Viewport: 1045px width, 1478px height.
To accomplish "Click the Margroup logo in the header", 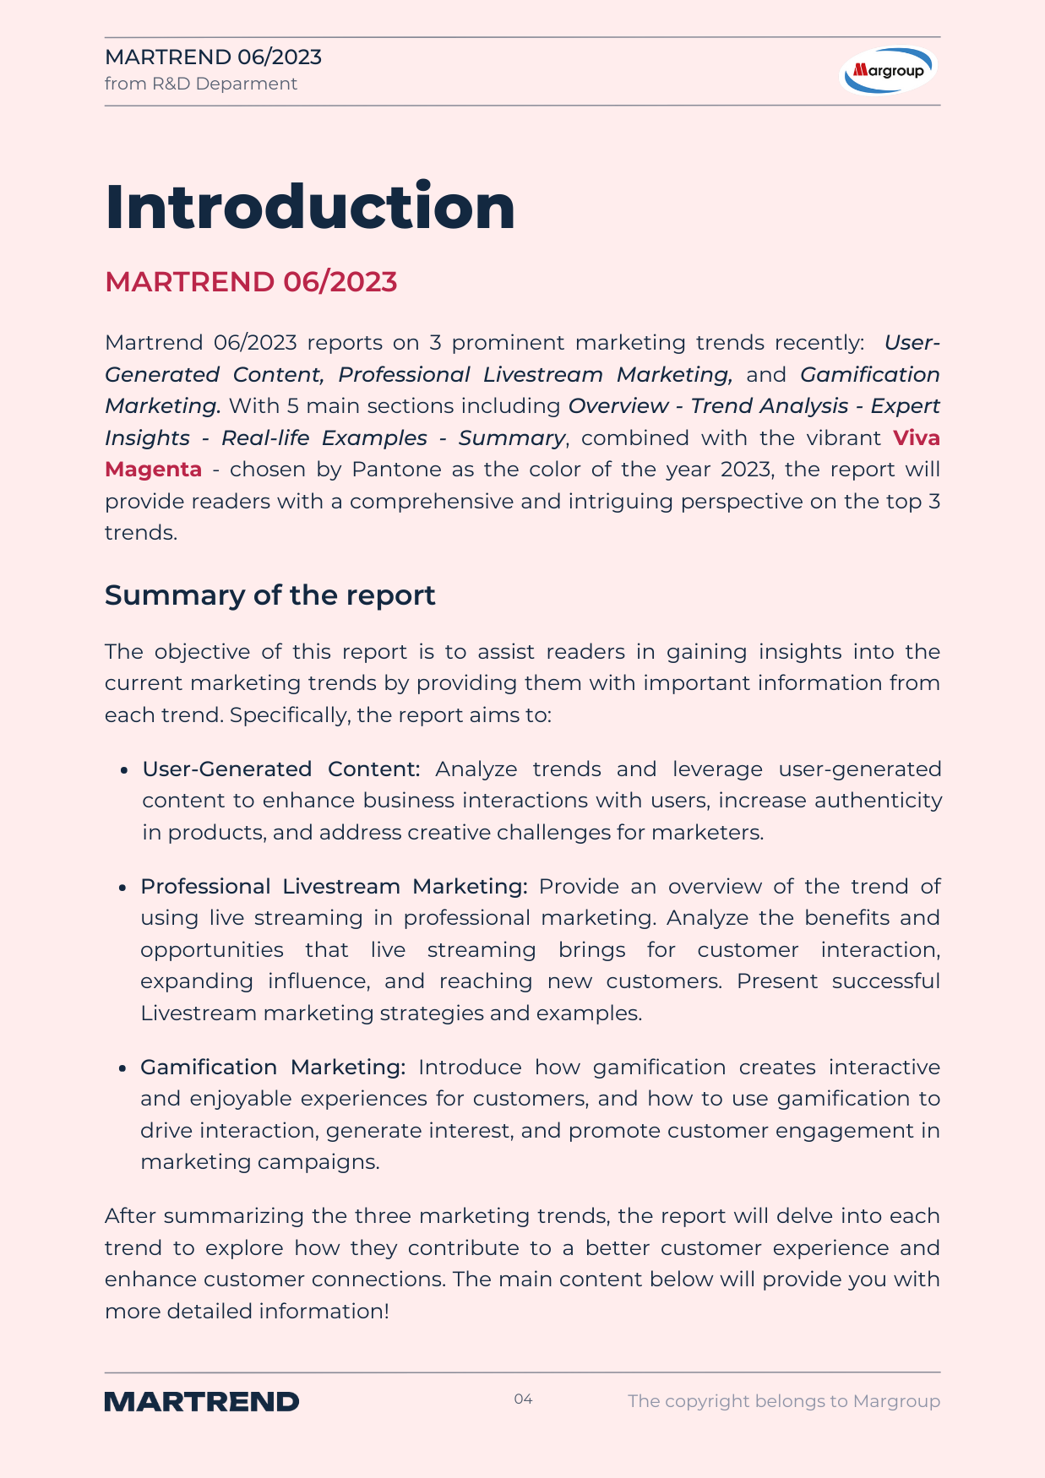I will coord(889,70).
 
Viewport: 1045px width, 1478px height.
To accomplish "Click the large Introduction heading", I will coord(310,207).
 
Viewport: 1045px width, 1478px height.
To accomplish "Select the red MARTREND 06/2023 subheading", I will coord(251,282).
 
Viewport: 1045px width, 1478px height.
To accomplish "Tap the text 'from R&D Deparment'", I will coord(201,84).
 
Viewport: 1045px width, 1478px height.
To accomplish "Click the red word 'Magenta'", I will coord(153,470).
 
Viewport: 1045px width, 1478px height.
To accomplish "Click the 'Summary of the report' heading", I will coord(269,595).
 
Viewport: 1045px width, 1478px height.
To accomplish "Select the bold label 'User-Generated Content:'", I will coord(280,769).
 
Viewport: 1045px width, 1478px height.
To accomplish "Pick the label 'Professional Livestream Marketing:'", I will coord(334,887).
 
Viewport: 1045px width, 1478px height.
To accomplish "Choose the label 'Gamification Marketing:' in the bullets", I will coord(273,1068).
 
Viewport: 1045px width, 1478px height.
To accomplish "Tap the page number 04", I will coord(523,1399).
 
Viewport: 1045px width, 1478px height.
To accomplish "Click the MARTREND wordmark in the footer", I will coord(202,1402).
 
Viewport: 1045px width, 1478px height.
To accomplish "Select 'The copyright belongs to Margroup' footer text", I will coord(783,1401).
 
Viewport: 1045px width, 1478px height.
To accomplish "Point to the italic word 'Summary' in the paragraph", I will coord(511,438).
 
